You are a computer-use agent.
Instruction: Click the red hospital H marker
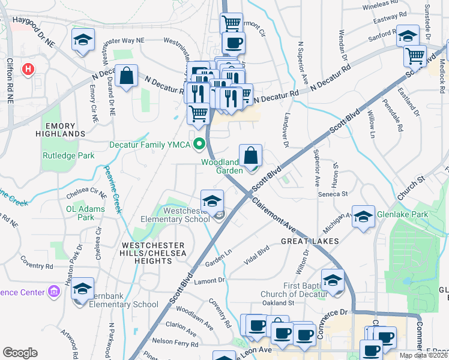[28, 70]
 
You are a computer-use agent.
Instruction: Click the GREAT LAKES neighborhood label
[310, 241]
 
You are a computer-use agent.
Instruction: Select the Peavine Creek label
[110, 189]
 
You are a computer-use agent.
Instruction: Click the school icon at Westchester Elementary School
[212, 202]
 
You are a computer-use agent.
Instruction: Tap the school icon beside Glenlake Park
[363, 217]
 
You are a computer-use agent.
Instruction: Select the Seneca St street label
[336, 194]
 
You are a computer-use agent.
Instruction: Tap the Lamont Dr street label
[209, 280]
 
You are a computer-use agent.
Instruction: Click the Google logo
[20, 352]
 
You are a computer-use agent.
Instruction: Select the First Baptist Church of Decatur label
[293, 290]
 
